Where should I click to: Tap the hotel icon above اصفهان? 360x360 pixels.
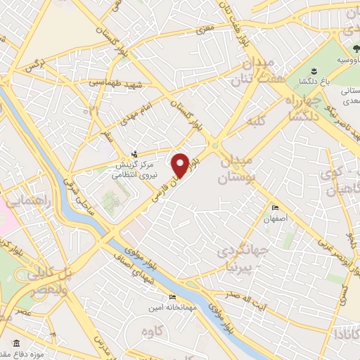pos(276,207)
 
